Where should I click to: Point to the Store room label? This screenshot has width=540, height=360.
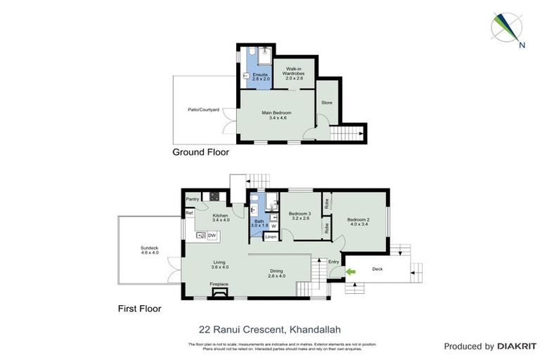326,103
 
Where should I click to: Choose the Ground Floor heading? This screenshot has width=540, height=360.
200,152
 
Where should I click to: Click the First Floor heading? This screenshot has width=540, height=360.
139,308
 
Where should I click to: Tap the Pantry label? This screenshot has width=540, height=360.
193,200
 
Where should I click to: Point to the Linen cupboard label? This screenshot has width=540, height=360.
271,237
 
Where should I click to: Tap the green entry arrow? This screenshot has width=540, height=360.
349,271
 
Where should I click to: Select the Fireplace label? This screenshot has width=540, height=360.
219,284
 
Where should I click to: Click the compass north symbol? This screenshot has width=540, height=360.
506,29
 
